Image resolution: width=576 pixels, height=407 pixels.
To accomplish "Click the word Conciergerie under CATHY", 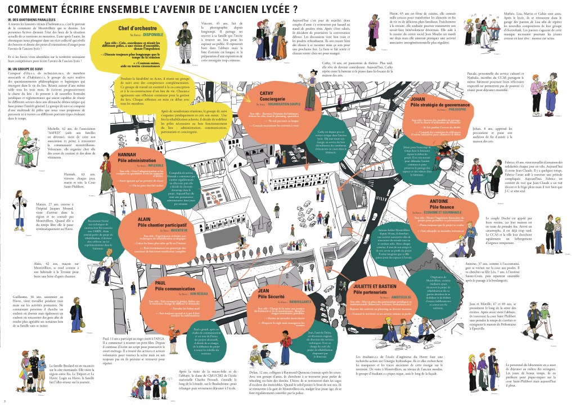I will pos(273,99).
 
